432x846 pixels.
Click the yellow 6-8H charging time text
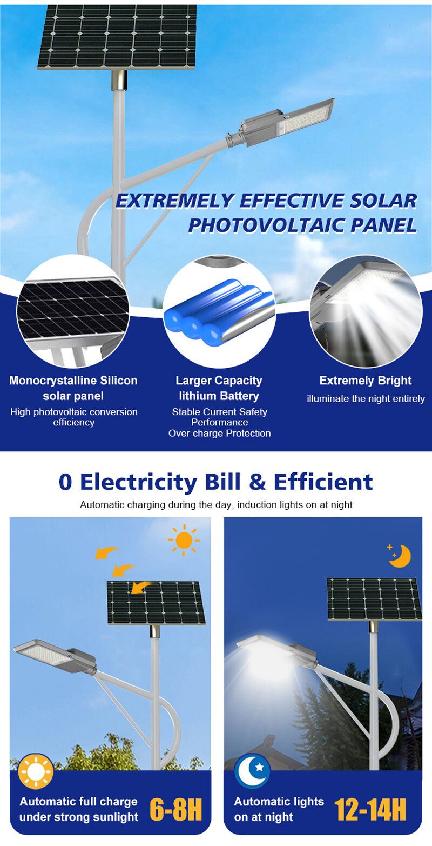[x=176, y=809]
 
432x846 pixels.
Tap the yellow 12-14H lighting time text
[x=370, y=809]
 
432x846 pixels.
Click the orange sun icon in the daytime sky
[x=184, y=540]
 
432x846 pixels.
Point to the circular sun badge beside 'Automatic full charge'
[x=36, y=771]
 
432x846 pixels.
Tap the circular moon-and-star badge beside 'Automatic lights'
[x=252, y=771]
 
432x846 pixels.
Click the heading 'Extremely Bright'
[x=365, y=381]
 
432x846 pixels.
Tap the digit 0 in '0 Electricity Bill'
[x=65, y=482]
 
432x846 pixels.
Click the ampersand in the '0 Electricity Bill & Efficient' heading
[x=258, y=482]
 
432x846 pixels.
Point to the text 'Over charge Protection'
[x=220, y=433]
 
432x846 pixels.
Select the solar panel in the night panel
[x=374, y=599]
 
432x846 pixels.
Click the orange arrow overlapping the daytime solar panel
[x=141, y=587]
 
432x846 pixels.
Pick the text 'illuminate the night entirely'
[x=366, y=399]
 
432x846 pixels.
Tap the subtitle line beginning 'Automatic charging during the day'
[x=216, y=505]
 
